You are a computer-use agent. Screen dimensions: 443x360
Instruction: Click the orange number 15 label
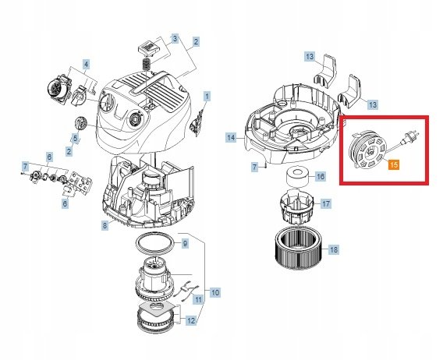[394, 164]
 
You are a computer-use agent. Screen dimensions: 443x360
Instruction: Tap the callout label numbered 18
[334, 249]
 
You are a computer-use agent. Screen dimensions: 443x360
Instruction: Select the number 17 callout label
[326, 203]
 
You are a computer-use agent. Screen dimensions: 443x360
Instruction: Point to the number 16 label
[320, 177]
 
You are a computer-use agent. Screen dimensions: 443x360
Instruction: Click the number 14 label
[231, 138]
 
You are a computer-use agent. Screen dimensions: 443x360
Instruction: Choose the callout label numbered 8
[105, 226]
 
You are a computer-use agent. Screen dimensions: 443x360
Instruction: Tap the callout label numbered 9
[185, 243]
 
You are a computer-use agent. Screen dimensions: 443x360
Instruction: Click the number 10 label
[215, 292]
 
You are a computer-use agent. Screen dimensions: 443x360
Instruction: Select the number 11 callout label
[198, 299]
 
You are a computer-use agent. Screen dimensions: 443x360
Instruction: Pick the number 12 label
[191, 320]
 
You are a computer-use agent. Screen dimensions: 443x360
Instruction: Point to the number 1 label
[207, 97]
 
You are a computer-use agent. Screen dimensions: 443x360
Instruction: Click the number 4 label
[86, 65]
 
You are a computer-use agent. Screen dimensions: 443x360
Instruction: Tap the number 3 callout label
[175, 38]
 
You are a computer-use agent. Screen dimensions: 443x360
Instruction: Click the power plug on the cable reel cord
[410, 136]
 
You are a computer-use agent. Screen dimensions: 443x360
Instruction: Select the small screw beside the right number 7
[266, 166]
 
